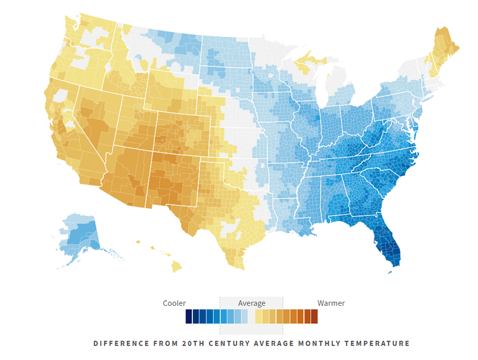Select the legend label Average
[251, 303]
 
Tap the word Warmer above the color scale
[331, 303]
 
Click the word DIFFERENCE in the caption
[119, 343]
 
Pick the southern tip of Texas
[236, 261]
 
